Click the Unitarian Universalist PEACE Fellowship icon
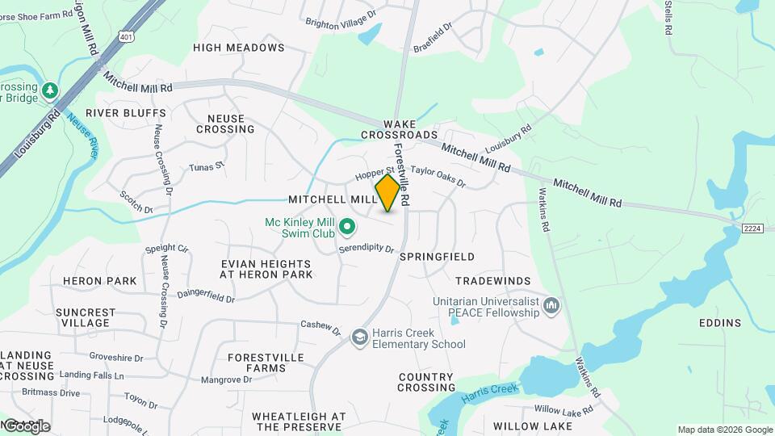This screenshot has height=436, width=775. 552,306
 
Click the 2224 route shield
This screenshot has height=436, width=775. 752,228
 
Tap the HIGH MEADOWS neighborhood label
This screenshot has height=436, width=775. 238,48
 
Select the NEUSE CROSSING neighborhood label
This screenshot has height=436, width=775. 225,124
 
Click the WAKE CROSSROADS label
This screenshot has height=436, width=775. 399,129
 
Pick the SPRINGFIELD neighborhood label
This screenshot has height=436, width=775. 437,256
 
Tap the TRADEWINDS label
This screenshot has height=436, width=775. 492,281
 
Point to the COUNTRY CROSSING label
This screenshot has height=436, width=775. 427,382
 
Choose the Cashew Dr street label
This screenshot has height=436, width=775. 320,327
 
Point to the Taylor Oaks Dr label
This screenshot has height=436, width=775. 438,177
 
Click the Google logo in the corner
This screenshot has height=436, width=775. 26,426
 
